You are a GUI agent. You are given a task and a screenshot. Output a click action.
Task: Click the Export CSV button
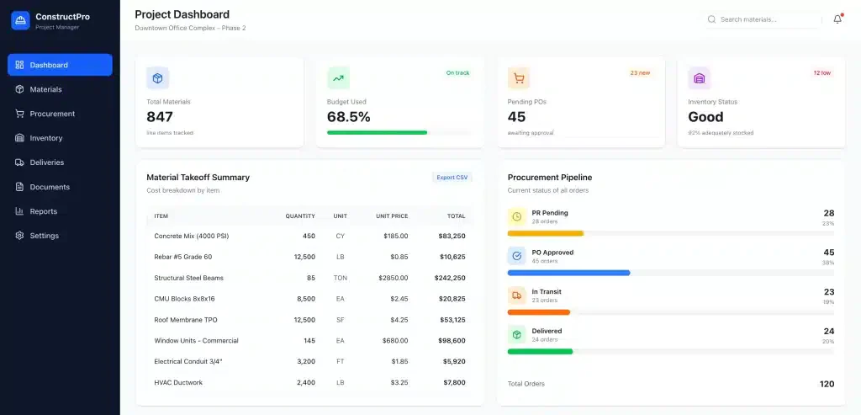(x=452, y=178)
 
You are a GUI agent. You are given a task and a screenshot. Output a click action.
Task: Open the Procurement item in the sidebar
(x=52, y=114)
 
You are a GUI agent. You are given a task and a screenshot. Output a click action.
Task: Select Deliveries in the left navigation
(x=47, y=162)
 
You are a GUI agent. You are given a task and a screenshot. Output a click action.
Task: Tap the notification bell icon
(x=837, y=19)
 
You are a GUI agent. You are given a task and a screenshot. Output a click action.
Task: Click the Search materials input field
(x=763, y=19)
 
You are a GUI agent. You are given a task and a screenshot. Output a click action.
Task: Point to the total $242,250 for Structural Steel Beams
(x=450, y=278)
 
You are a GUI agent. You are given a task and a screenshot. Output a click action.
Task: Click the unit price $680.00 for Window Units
(x=395, y=341)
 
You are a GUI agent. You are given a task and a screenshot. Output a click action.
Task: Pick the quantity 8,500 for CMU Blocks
(x=306, y=299)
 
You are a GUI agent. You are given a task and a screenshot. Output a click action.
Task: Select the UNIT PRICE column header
(x=392, y=216)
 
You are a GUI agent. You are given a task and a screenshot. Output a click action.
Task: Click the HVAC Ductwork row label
(x=178, y=382)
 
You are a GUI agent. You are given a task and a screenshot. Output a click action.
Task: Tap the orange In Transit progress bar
(x=539, y=312)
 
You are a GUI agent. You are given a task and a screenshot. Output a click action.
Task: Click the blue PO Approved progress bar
(x=569, y=273)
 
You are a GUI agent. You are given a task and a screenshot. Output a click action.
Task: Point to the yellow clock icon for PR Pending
(x=517, y=216)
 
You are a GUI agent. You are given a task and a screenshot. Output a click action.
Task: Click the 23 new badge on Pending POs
(x=640, y=72)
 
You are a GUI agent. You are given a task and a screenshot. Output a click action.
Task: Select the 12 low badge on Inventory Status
(x=822, y=72)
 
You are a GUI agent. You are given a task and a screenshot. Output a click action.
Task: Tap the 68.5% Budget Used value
(x=349, y=117)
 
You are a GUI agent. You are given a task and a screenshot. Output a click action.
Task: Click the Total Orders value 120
(x=827, y=384)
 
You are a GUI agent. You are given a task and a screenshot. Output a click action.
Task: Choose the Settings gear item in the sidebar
(x=45, y=236)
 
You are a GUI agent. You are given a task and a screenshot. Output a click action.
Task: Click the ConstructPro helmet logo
(x=20, y=20)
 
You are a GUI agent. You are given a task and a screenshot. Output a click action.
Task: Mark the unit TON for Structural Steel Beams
(x=341, y=278)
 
